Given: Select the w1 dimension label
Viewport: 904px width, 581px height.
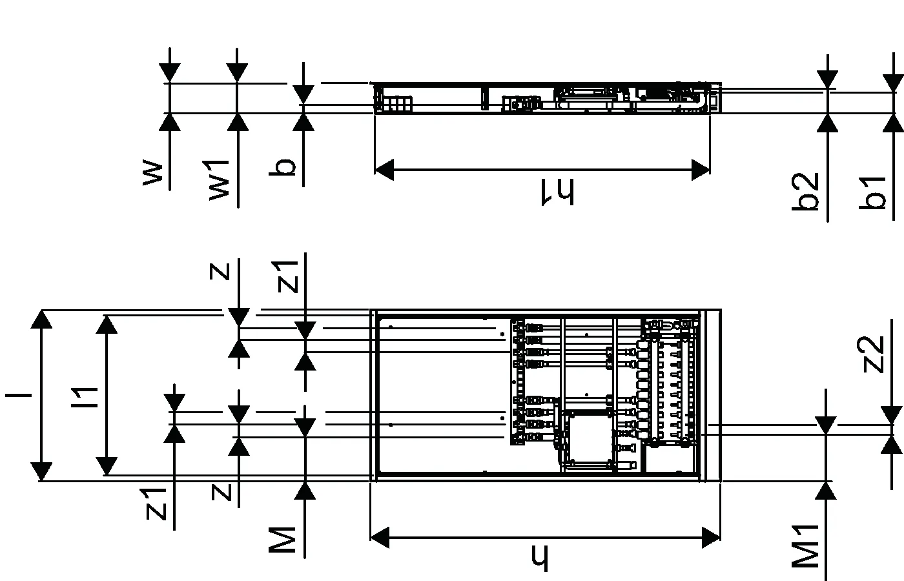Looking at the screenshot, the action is click(x=219, y=180).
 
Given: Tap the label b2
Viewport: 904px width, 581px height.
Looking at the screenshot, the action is click(x=805, y=191).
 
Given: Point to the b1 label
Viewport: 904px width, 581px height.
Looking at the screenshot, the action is click(x=872, y=193).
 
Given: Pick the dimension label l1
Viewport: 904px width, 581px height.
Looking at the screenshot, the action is click(x=85, y=397).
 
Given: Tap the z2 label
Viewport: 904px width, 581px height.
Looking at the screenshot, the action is click(x=871, y=354).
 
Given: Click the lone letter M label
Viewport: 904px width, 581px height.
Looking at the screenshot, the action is click(x=282, y=540).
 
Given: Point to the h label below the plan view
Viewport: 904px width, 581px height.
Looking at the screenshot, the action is click(x=540, y=558).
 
